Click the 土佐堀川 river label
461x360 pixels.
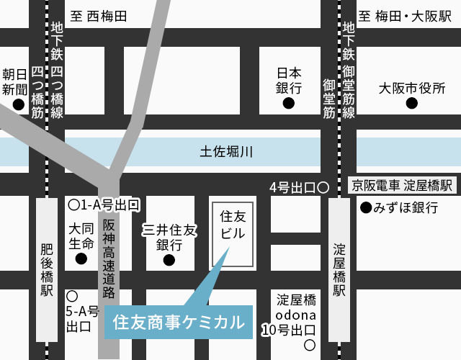click(x=226, y=152)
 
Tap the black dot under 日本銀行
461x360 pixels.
click(x=288, y=104)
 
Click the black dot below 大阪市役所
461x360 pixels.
click(x=411, y=104)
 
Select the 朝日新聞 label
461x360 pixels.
click(x=14, y=81)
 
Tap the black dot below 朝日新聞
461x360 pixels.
click(x=18, y=104)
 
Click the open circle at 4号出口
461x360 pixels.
click(x=323, y=188)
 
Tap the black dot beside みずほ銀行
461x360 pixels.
click(x=365, y=208)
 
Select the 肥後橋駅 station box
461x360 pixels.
click(x=47, y=270)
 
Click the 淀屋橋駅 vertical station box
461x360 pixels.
click(x=339, y=270)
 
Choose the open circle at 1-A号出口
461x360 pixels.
click(x=73, y=204)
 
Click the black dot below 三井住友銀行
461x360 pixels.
click(x=169, y=260)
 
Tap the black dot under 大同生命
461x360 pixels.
click(x=81, y=258)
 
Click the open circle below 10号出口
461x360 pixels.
click(x=310, y=346)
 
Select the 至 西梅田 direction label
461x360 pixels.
click(x=99, y=15)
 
